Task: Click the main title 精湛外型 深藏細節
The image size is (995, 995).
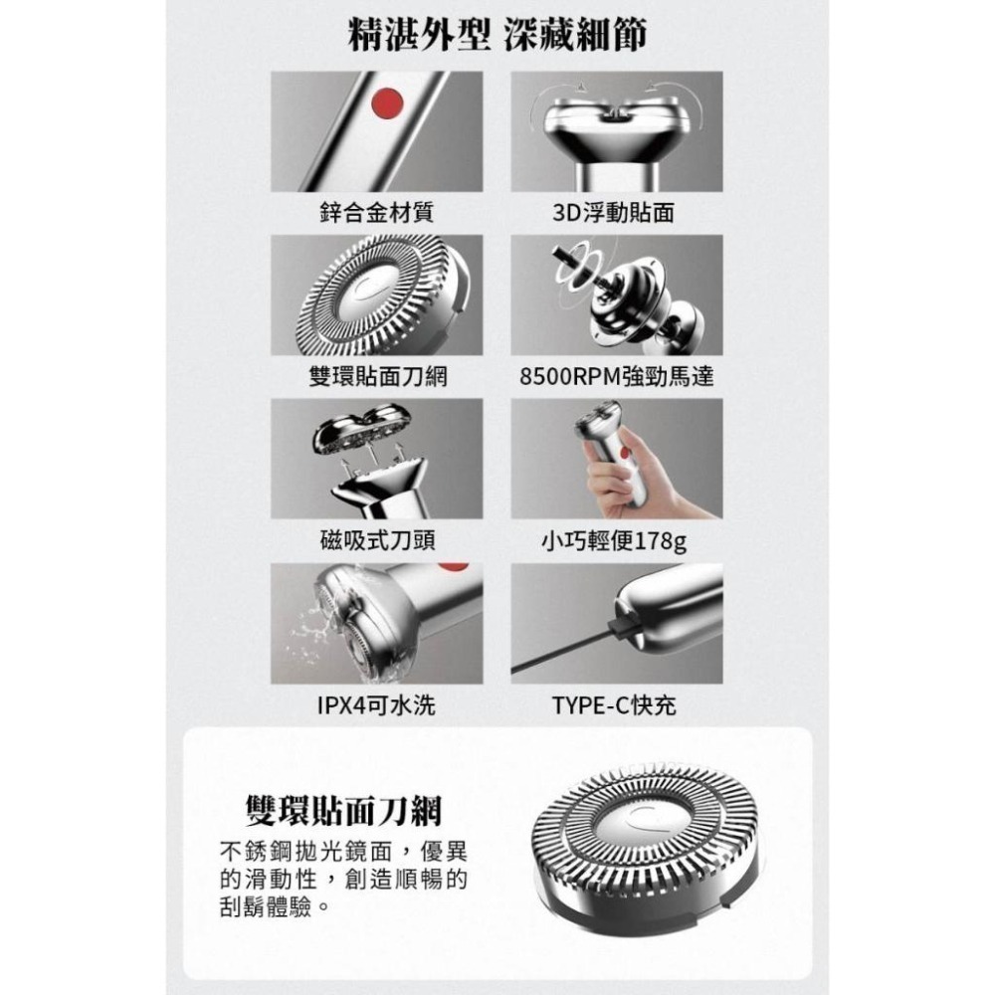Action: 497,36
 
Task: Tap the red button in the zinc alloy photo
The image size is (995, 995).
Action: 383,101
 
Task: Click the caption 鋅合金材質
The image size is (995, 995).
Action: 376,213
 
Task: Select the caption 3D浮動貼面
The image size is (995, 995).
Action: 617,213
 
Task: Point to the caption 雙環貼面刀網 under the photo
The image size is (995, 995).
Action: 376,377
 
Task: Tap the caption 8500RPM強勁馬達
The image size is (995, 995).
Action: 617,377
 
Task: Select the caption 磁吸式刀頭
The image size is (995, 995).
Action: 376,541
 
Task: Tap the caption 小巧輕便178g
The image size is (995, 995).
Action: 617,541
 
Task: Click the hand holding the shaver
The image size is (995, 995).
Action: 623,479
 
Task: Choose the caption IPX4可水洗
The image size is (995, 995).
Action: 376,706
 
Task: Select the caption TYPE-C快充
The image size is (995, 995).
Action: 617,706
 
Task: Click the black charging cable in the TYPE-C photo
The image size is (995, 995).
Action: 567,656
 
